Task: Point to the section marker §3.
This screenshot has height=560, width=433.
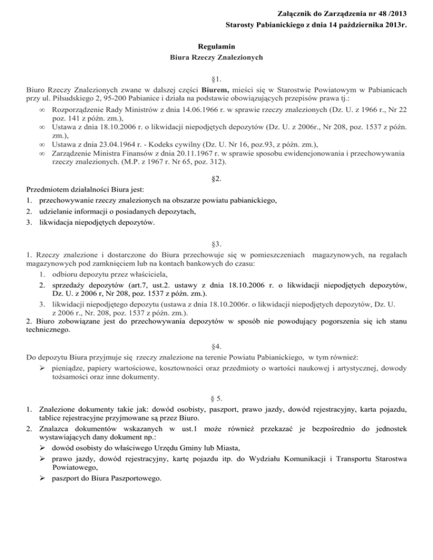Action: [x=216, y=243]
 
